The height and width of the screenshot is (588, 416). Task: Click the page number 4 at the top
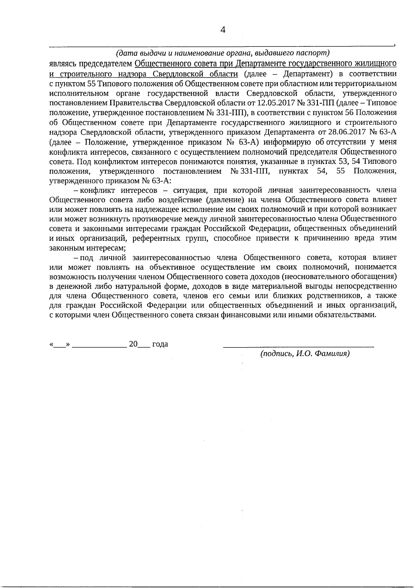[223, 30]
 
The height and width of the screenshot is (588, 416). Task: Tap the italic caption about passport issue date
[222, 53]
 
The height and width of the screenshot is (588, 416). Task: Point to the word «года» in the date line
[160, 344]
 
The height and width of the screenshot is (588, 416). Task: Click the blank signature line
[298, 345]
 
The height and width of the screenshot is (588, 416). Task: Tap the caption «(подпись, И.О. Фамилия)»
[305, 354]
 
